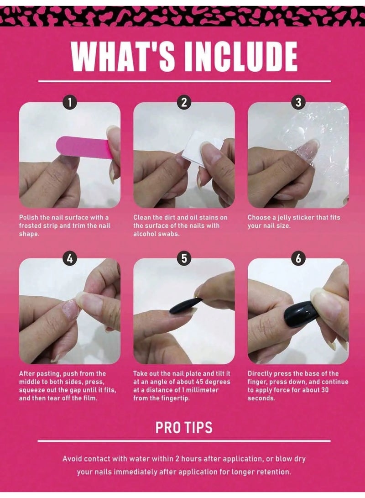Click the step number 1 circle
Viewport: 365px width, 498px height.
[69, 102]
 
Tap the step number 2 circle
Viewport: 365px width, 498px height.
[184, 102]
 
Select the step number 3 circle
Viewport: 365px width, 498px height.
[298, 102]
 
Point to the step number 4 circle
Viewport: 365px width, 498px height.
[69, 259]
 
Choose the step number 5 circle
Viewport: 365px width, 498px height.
[184, 259]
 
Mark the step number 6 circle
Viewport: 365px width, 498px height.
[298, 259]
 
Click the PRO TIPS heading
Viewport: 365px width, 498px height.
[184, 427]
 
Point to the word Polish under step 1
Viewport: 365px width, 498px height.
[29, 217]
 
